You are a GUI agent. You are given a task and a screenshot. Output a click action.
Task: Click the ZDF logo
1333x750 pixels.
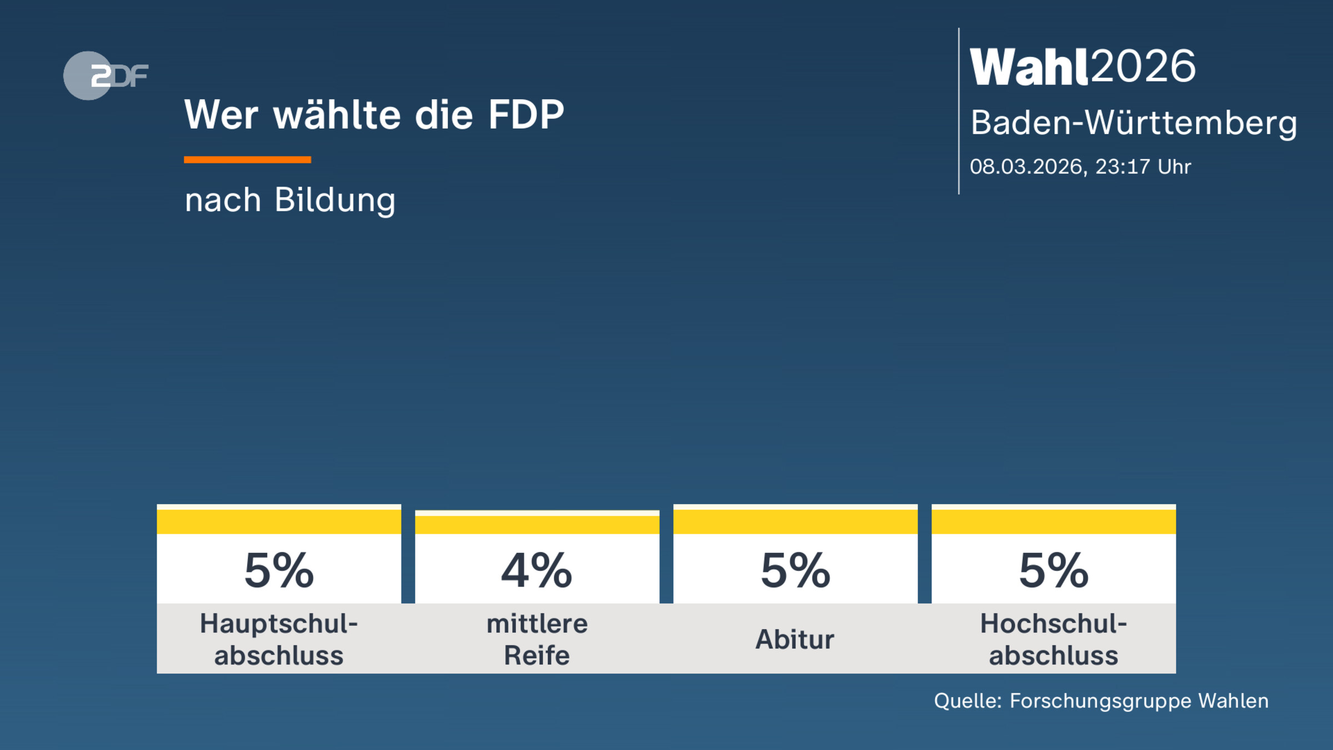click(x=106, y=76)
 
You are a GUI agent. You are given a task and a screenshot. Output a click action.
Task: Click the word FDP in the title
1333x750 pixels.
click(x=525, y=115)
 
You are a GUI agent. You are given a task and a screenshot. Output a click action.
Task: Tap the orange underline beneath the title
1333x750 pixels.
click(x=247, y=160)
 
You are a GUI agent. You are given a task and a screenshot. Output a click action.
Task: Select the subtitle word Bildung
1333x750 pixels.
click(x=335, y=200)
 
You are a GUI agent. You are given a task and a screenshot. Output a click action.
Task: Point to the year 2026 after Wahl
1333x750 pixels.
click(x=1143, y=67)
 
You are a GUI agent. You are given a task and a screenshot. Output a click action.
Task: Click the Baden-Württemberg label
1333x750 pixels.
click(x=1133, y=122)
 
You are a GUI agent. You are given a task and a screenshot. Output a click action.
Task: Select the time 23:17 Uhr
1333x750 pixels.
click(x=1143, y=167)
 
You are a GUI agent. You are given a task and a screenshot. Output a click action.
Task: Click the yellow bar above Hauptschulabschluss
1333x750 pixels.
click(x=279, y=521)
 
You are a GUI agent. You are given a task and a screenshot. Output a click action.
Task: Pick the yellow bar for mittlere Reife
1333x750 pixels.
click(x=537, y=524)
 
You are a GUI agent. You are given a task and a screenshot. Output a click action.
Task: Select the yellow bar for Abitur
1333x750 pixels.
click(x=795, y=521)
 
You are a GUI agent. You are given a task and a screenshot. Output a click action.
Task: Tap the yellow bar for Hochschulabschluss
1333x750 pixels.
click(x=1054, y=521)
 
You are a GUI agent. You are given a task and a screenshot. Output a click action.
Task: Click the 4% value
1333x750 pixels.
click(x=537, y=571)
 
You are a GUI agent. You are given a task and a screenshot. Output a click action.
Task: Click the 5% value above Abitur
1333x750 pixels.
click(x=795, y=571)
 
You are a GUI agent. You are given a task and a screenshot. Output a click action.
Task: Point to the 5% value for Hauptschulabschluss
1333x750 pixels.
click(x=279, y=571)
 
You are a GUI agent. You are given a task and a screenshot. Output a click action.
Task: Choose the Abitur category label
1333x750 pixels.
click(x=795, y=639)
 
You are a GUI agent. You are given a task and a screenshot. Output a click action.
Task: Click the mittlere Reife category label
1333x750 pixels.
click(x=537, y=639)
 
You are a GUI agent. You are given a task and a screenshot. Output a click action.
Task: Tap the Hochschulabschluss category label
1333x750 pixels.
click(x=1054, y=639)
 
